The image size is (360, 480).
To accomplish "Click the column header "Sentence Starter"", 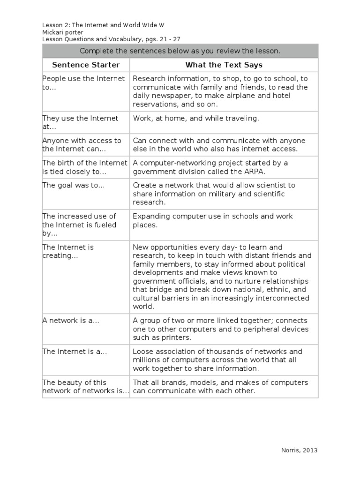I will click(86, 65).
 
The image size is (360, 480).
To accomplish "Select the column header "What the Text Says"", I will click(224, 65).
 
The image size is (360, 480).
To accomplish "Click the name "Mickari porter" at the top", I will click(63, 32).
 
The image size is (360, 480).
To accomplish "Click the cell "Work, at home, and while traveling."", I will click(195, 119).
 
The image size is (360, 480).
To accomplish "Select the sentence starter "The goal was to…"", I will click(74, 185).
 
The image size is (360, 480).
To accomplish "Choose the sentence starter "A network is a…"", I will click(71, 321).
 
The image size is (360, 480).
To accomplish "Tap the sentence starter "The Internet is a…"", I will click(75, 352).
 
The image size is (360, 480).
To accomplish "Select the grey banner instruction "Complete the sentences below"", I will click(180, 51).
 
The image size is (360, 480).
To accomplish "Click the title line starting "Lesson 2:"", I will click(103, 25).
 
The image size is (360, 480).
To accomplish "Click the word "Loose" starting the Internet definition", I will click(143, 352).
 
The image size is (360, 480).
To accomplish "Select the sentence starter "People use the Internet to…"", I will click(83, 83).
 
